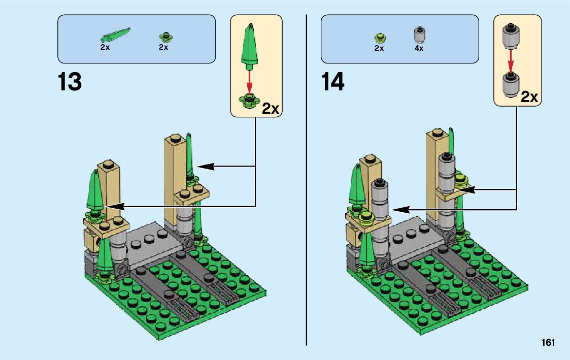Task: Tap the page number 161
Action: [548, 342]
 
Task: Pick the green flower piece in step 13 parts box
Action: [166, 37]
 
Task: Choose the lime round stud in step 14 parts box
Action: [380, 38]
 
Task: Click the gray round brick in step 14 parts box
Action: [419, 36]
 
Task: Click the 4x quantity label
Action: [419, 48]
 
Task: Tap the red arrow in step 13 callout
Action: [249, 81]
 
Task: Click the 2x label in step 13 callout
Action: [271, 108]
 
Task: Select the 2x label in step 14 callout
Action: [529, 96]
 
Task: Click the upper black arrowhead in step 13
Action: [206, 167]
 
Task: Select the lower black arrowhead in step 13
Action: [115, 207]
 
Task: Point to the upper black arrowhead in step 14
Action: [466, 189]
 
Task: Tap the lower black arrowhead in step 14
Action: [400, 210]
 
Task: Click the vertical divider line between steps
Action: [307, 180]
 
